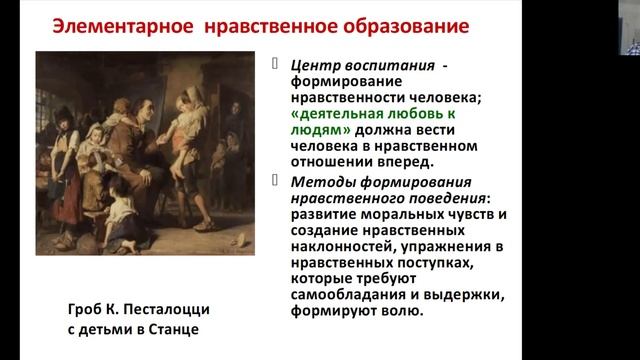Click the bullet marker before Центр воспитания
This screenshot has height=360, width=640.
click(x=278, y=64)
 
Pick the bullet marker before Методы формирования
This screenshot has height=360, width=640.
click(x=278, y=180)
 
